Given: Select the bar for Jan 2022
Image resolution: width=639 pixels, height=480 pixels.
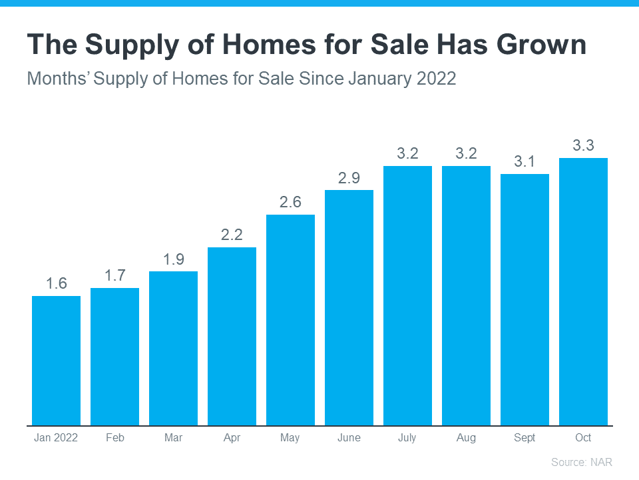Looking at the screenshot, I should point(57,361).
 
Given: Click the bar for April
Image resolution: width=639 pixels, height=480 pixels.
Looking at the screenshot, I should point(232,337).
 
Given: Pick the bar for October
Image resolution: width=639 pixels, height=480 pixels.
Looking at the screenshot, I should point(583,292).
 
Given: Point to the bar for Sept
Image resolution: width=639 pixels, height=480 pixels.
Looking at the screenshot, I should point(525,300).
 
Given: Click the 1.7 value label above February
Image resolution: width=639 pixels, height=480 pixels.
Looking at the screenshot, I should point(115,275).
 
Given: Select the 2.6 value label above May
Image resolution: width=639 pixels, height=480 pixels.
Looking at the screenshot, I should point(290,202).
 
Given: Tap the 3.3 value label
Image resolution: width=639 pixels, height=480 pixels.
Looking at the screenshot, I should point(583,145).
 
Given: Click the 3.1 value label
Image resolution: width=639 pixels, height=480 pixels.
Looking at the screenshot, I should point(525,161).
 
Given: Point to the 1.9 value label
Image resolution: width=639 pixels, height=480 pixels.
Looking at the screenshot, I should point(174,259).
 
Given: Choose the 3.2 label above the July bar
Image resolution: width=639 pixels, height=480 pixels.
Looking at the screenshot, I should point(407,153).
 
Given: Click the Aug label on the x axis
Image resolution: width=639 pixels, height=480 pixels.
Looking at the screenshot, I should point(466,438).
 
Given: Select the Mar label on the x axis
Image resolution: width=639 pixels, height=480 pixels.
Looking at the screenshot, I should point(174,438).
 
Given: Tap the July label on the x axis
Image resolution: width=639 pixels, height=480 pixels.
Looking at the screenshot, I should point(407,438).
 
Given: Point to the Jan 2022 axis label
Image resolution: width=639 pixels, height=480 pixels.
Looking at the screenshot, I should point(57,438).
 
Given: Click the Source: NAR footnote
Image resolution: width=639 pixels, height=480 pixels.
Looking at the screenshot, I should point(581,462).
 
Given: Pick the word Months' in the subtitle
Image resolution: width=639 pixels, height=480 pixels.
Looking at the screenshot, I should point(58,79).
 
